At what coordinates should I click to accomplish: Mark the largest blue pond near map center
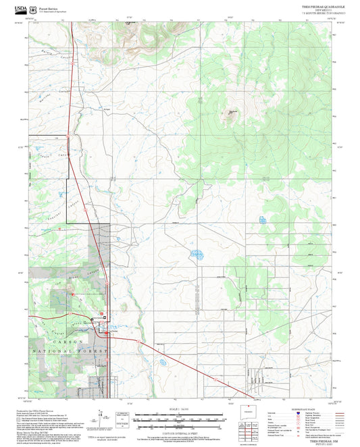pyautogui.click(x=197, y=255)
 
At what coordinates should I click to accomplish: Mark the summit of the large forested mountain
pyautogui.click(x=232, y=113)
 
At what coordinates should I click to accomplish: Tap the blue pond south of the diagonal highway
pyautogui.click(x=163, y=363)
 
